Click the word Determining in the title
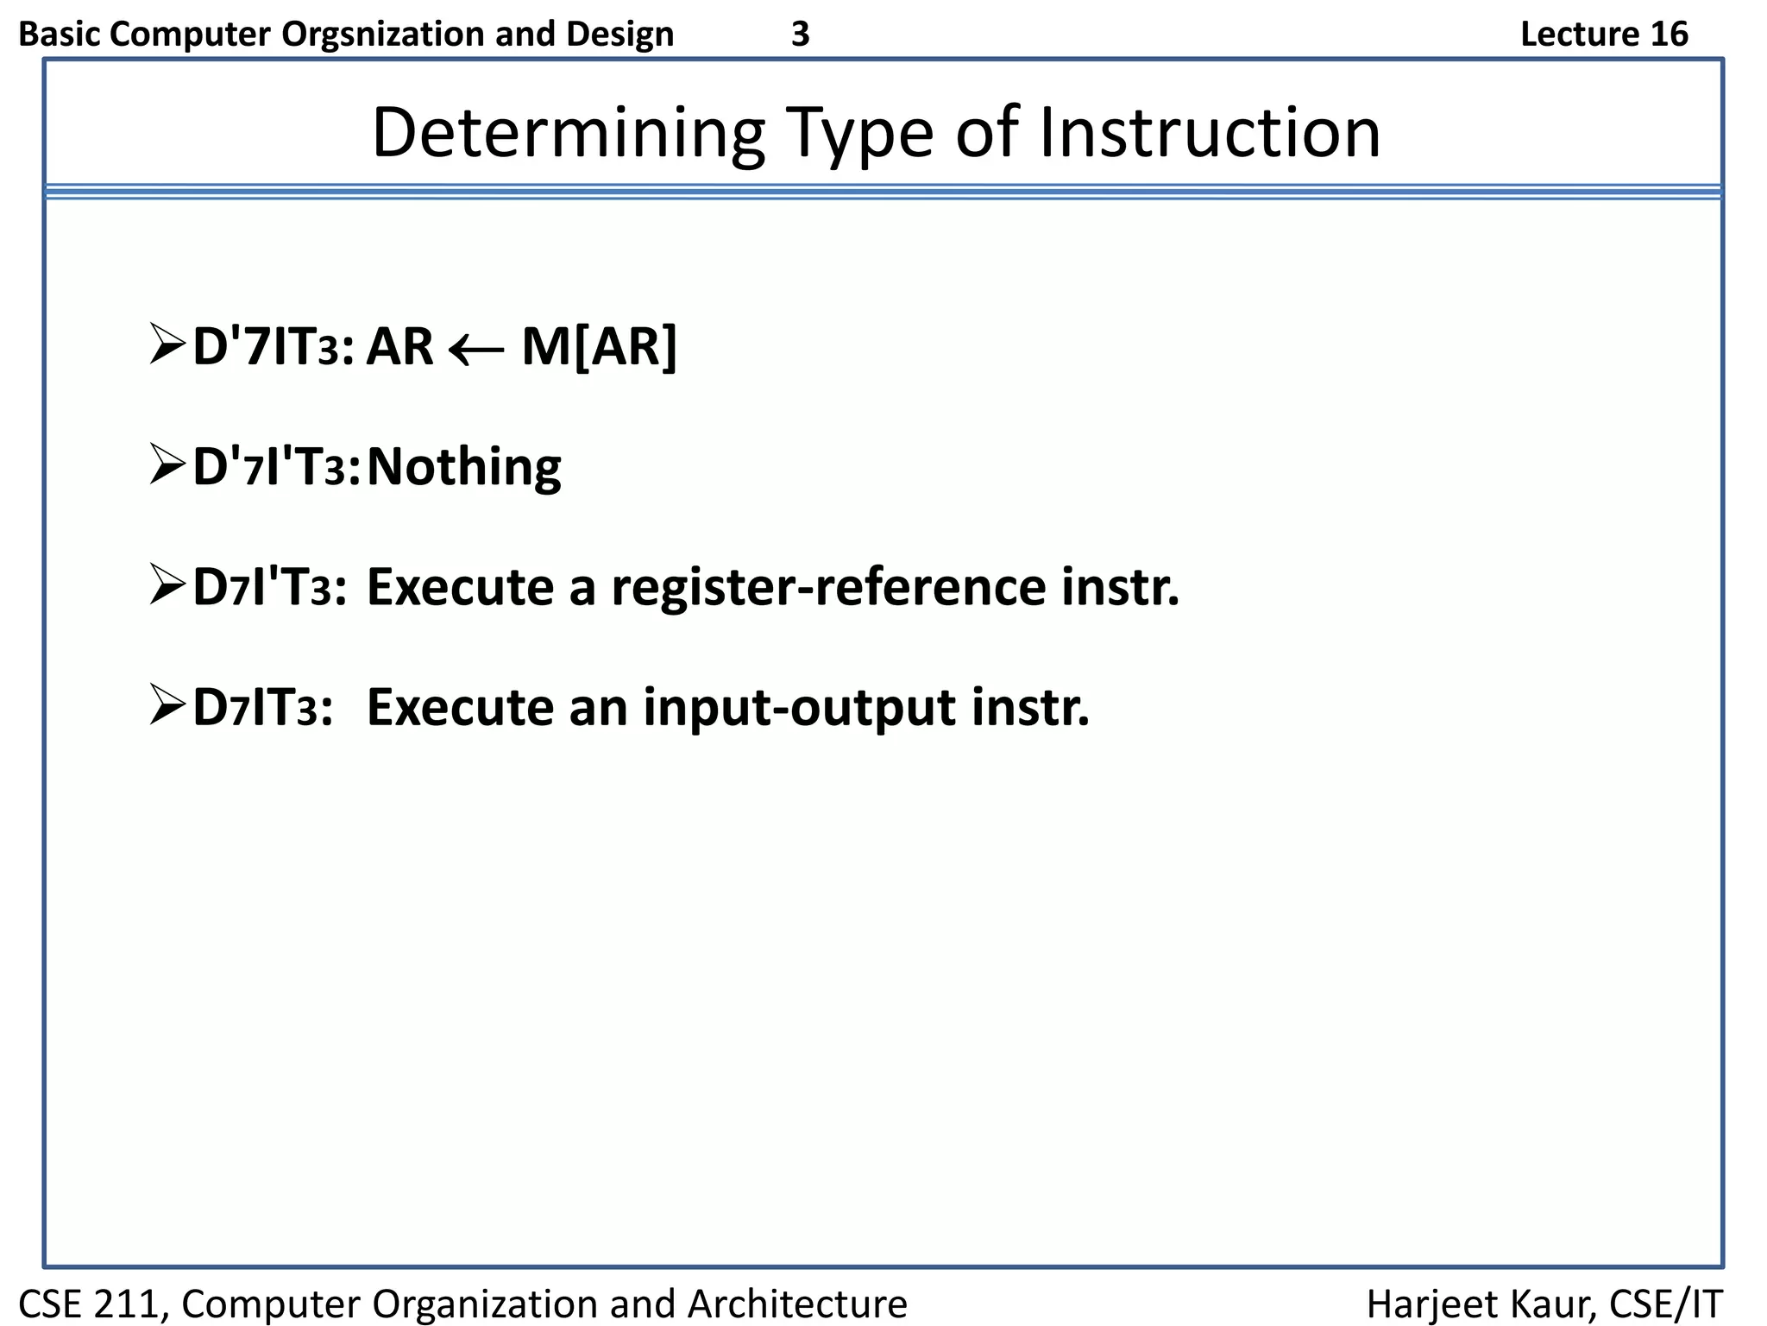(568, 134)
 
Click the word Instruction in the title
(1209, 134)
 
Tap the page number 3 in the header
(800, 35)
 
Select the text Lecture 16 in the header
(1603, 35)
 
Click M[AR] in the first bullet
(600, 347)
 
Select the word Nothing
(463, 467)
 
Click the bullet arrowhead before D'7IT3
(167, 344)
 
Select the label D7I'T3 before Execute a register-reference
(270, 588)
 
